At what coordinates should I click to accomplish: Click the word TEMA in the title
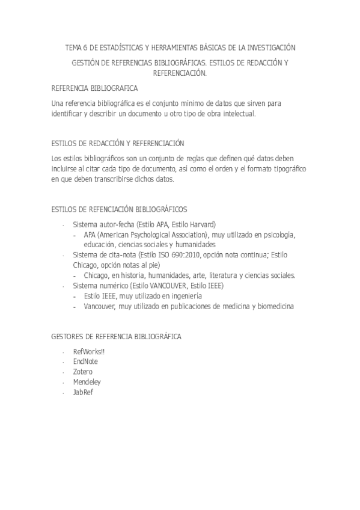point(73,47)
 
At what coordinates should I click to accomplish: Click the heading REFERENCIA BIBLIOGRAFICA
point(94,88)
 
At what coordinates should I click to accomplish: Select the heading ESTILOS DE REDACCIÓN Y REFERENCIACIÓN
point(118,143)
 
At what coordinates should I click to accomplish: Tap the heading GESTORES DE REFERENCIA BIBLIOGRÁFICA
point(117,337)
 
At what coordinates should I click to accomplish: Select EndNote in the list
point(85,361)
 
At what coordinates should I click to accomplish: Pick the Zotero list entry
point(82,372)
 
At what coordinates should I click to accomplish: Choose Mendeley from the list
point(87,382)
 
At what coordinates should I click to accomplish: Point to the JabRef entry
point(83,392)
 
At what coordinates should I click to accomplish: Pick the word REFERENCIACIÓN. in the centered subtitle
point(180,73)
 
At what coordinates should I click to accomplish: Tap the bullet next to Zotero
point(63,372)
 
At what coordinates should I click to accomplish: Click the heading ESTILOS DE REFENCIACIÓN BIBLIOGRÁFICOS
point(120,209)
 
